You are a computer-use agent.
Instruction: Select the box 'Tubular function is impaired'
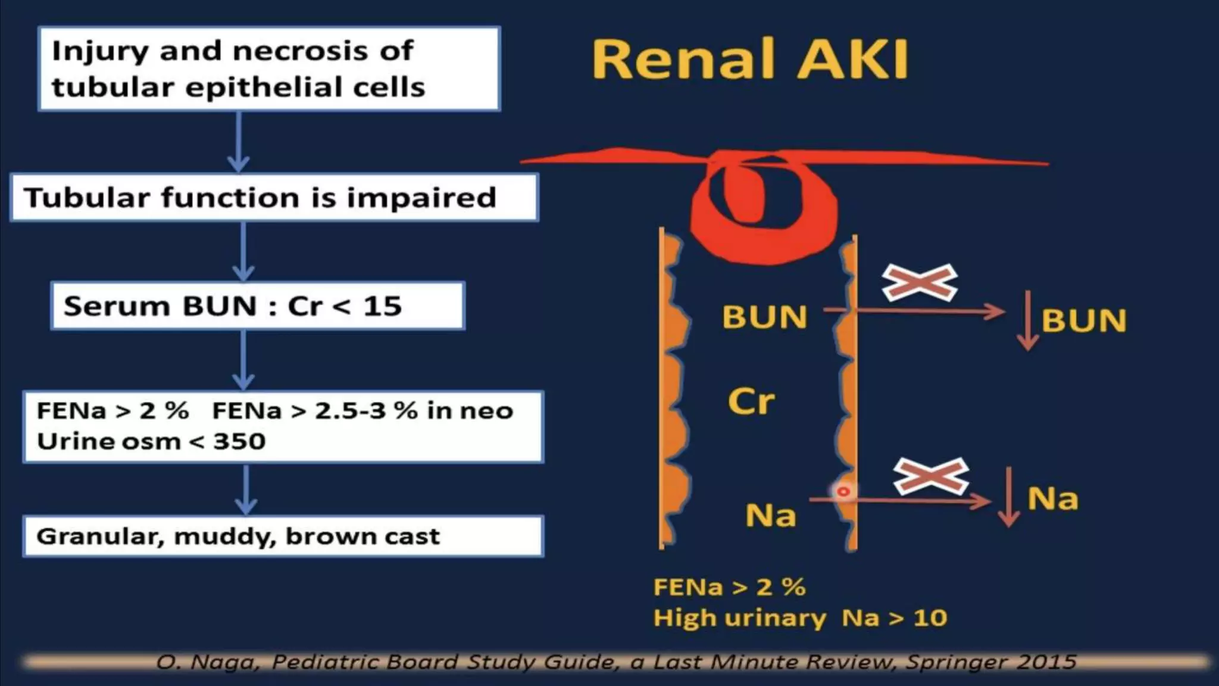point(274,197)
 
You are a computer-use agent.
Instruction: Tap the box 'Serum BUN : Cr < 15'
point(257,305)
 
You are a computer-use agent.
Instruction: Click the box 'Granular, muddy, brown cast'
point(283,536)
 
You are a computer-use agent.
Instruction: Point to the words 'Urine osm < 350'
point(151,441)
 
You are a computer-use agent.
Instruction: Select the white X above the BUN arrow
point(919,282)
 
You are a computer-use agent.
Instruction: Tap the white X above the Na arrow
point(931,476)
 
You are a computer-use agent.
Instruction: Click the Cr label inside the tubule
point(751,401)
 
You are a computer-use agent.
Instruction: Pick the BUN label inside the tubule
point(765,317)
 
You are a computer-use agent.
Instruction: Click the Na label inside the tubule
point(770,515)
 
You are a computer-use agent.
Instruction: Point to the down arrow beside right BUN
point(1028,320)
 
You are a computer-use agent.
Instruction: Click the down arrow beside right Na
point(1008,497)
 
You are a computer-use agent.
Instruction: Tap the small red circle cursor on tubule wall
point(843,492)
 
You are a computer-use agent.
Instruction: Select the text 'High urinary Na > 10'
point(800,618)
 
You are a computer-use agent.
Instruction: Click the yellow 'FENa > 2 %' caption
point(729,587)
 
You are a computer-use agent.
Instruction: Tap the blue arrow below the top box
point(238,142)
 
